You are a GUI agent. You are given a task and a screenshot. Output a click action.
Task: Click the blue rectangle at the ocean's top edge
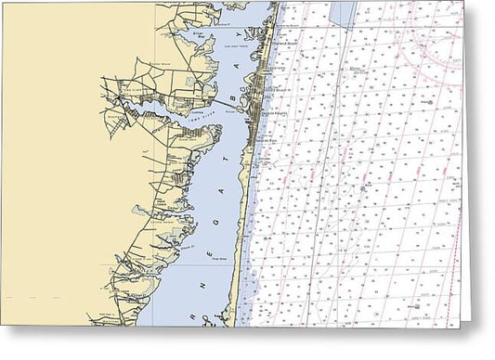(343, 11)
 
